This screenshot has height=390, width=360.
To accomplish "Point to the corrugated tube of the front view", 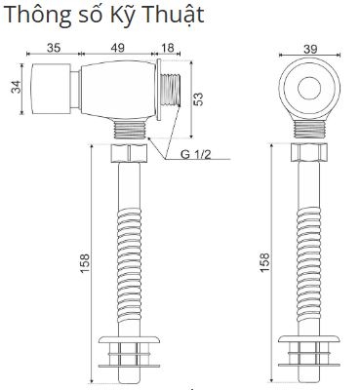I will (x=308, y=253).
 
